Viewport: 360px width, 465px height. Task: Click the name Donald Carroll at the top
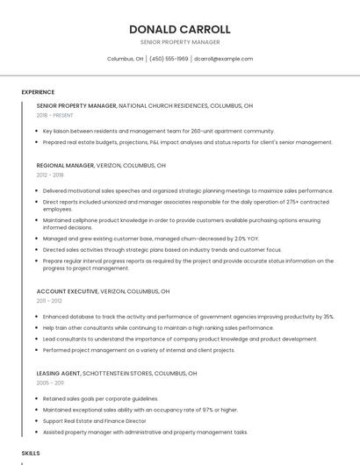click(x=179, y=29)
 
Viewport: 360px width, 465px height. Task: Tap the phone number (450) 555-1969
click(x=169, y=59)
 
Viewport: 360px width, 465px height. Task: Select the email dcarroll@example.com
click(x=223, y=59)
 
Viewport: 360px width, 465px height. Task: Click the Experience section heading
click(x=38, y=92)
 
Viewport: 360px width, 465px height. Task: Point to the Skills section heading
click(x=31, y=453)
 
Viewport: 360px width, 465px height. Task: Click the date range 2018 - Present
click(x=54, y=115)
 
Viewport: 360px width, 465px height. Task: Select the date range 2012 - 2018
click(x=50, y=175)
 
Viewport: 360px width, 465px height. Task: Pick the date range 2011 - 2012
click(x=49, y=301)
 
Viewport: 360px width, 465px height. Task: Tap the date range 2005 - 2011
click(x=50, y=383)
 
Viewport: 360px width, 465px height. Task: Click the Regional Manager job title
click(x=66, y=165)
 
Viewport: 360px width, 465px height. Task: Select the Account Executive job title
click(x=67, y=291)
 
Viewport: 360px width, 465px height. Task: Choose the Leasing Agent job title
click(x=59, y=373)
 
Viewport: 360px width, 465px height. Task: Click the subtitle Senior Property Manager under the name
click(x=179, y=42)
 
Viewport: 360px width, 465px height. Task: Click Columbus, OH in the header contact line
click(x=125, y=59)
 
